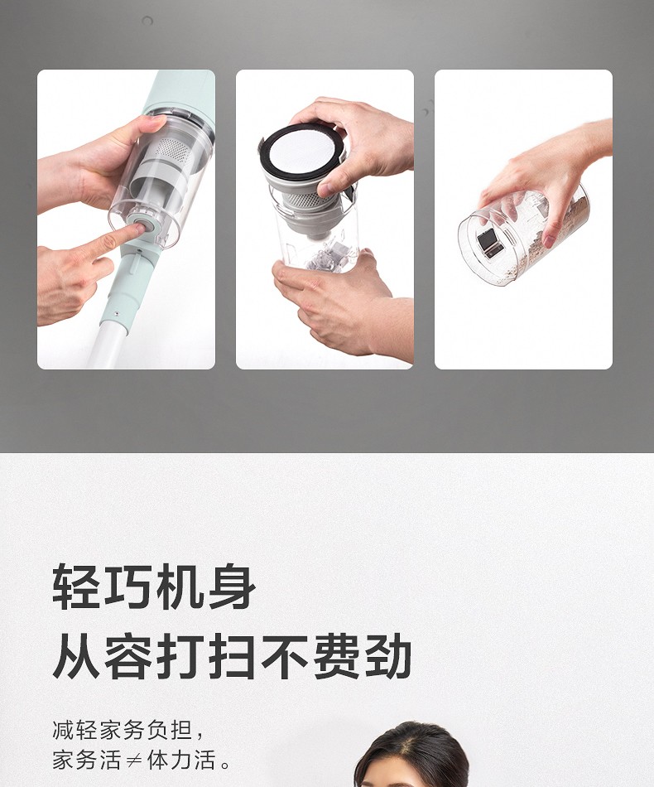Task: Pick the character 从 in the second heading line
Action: (x=76, y=655)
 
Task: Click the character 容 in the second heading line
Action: (x=128, y=655)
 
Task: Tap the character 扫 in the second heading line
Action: (x=232, y=655)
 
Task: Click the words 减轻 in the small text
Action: (x=75, y=730)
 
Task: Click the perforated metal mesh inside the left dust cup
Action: (x=170, y=148)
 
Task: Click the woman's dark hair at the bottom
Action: (x=411, y=753)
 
